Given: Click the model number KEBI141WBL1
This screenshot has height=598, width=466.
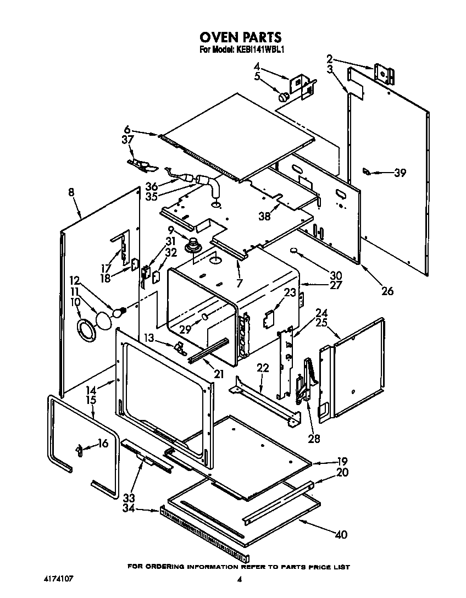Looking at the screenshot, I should [x=259, y=49].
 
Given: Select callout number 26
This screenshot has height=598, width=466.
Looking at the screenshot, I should [x=387, y=291].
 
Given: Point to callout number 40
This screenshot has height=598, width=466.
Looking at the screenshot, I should [x=341, y=534].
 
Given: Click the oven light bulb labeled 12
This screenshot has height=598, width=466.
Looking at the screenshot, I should [x=118, y=313].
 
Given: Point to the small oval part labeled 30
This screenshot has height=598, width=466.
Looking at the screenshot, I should [x=296, y=251].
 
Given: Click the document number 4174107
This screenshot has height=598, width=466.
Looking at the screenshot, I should [x=57, y=579].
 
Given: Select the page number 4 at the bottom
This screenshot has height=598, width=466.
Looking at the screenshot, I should [x=239, y=579].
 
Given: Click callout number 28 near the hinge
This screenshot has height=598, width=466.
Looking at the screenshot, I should [x=314, y=439].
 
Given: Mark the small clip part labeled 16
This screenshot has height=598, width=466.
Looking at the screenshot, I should [x=80, y=450].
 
